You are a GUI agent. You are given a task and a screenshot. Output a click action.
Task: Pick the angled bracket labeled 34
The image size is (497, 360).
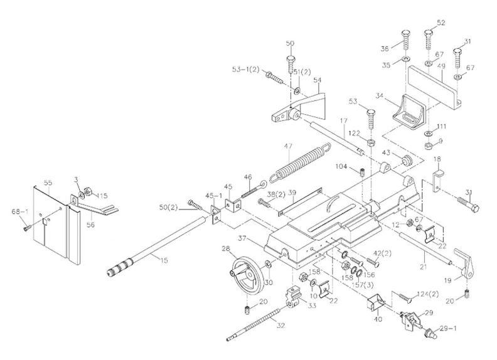pos(408,114)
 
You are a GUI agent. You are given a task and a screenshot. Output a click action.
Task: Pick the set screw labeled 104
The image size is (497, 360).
pos(363,172)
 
